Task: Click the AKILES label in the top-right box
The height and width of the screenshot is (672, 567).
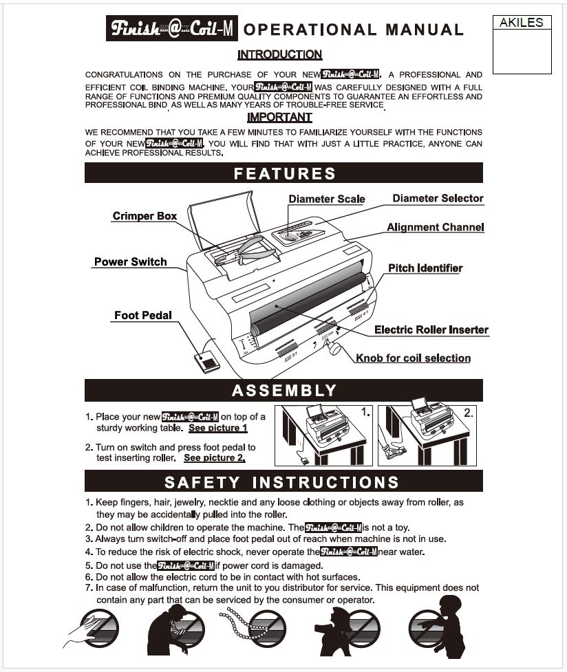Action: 522,23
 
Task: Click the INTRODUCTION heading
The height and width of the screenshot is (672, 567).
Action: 279,54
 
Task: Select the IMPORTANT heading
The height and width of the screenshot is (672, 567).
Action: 279,118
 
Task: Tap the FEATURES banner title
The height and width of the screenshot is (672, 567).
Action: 284,173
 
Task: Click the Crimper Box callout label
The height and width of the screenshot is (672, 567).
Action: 145,216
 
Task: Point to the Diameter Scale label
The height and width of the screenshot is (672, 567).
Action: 326,199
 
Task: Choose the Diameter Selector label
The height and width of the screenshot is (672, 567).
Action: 438,198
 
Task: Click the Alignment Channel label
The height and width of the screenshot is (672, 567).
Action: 435,227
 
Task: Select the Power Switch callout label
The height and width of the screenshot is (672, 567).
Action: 130,261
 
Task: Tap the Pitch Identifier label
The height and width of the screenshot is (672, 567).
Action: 425,268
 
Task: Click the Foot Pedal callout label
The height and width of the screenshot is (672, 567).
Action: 142,315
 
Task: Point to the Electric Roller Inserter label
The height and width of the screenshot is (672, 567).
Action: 431,329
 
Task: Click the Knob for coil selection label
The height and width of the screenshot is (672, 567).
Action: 413,358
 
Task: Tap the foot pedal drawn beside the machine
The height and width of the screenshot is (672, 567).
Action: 207,360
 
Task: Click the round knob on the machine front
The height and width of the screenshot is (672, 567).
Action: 335,348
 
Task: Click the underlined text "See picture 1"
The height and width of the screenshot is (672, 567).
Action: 218,428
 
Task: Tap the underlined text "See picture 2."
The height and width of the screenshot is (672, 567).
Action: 215,457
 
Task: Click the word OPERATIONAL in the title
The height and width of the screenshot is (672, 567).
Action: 310,30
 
